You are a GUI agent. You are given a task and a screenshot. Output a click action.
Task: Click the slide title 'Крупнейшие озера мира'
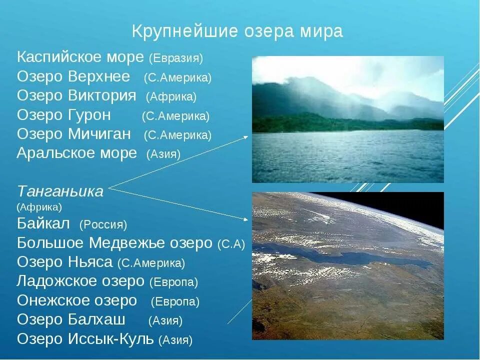[x=237, y=31]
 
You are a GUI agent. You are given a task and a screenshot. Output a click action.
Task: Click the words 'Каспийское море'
[x=80, y=57]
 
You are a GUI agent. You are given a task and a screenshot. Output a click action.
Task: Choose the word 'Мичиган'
[x=102, y=134]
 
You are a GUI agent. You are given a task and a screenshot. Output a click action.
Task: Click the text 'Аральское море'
[x=76, y=153]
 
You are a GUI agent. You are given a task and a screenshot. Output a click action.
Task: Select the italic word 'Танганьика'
[x=60, y=191]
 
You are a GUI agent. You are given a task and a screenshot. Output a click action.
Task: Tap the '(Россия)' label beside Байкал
[x=103, y=224]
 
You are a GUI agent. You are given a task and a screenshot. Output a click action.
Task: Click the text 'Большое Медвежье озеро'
[x=115, y=243]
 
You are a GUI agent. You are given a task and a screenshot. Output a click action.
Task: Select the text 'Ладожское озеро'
[x=80, y=281]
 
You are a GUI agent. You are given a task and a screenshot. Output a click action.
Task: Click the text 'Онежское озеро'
[x=77, y=300]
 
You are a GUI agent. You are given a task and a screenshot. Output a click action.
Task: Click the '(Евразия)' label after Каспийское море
[x=176, y=58]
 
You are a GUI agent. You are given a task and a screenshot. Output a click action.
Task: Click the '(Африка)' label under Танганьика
[x=39, y=206]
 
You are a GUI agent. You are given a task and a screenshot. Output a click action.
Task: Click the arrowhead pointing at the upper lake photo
[x=246, y=136]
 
